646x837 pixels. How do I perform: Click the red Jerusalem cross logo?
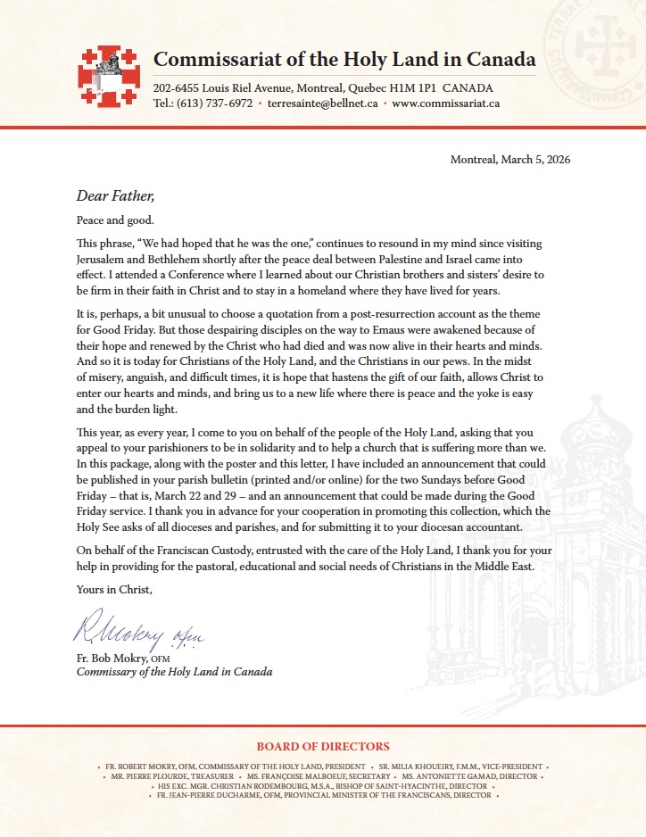tap(109, 76)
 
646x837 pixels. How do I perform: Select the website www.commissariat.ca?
tap(445, 104)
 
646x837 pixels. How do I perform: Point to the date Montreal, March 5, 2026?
tap(510, 160)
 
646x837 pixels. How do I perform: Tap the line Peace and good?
tap(114, 220)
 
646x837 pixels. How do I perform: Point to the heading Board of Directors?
tap(323, 747)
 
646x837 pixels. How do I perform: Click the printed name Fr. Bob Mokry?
tap(112, 659)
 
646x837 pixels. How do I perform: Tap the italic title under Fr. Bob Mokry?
tap(174, 672)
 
